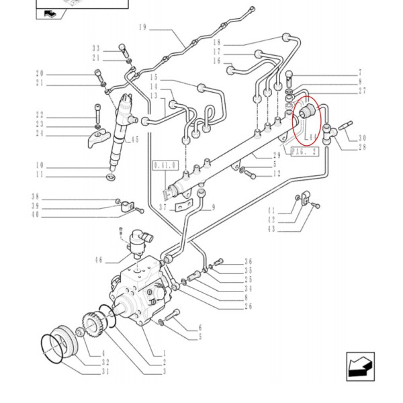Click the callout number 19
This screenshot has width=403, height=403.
(x=142, y=28)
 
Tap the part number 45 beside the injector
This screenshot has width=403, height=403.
(x=134, y=140)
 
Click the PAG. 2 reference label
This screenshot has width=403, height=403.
(x=304, y=152)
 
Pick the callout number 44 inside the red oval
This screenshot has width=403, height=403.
(x=311, y=137)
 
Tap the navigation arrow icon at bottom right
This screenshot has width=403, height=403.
(x=360, y=365)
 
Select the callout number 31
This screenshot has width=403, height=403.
(x=105, y=371)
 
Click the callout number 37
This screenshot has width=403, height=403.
(x=162, y=208)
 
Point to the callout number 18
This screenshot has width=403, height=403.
(x=217, y=42)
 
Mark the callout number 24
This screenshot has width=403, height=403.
(x=40, y=134)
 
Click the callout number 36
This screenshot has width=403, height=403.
(x=248, y=261)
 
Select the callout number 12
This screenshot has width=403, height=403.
(x=276, y=174)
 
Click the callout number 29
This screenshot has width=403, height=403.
(x=275, y=155)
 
